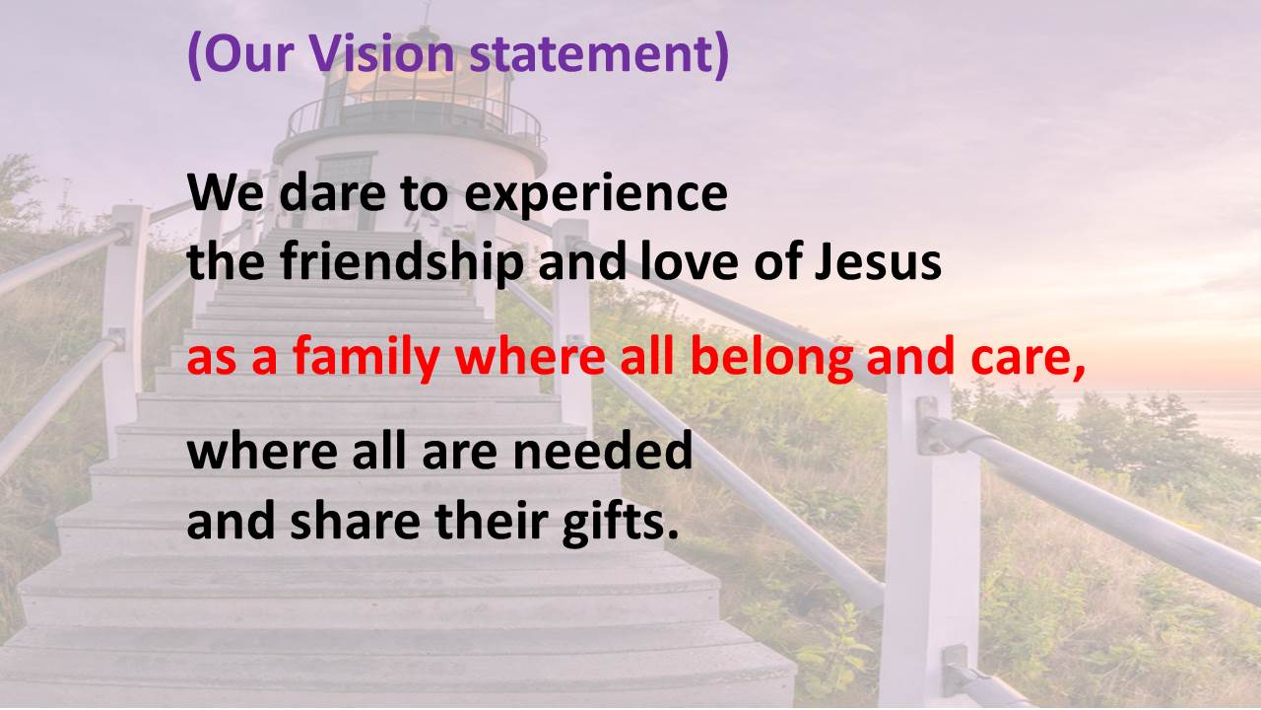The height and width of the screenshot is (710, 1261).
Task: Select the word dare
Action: tap(332, 192)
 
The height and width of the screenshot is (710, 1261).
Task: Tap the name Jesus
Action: tap(878, 263)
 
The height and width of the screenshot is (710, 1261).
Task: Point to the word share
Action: tap(356, 522)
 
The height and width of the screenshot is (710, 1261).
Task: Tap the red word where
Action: tap(530, 357)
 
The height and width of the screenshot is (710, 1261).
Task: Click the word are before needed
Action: tap(459, 455)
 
